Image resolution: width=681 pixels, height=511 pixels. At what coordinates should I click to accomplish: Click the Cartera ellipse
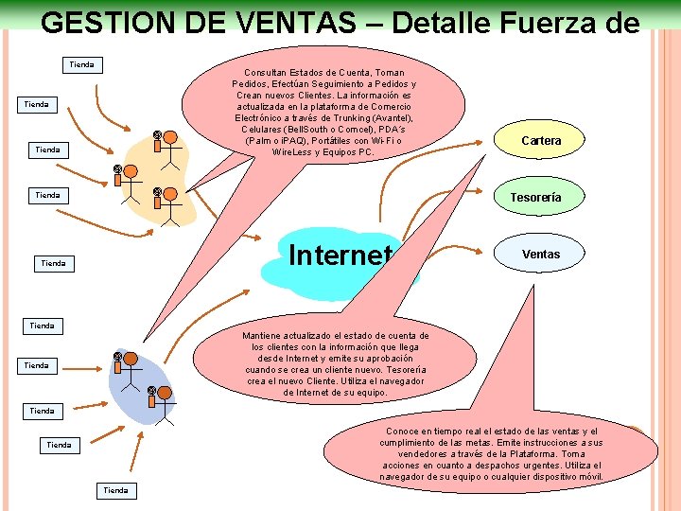coord(541,141)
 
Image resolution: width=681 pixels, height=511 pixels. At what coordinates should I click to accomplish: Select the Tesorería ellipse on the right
coord(536,198)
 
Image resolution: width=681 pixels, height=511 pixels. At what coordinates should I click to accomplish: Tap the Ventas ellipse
coord(541,254)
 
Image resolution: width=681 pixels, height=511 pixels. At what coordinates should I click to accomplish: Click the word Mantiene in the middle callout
coord(263,336)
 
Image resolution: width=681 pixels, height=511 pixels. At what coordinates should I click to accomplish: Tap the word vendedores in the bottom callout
coord(416,454)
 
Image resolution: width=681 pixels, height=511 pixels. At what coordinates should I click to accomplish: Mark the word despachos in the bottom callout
coord(479,466)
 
